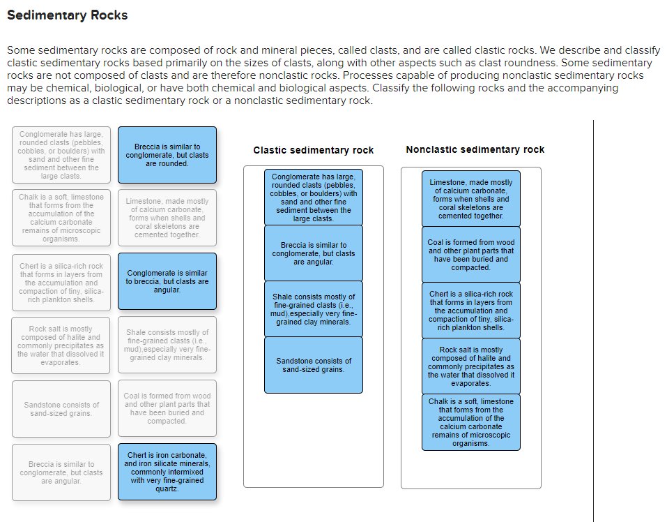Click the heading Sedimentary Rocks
(x=68, y=15)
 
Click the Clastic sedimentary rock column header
(x=313, y=150)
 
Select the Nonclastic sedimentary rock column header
(x=475, y=149)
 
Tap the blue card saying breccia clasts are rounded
(x=167, y=155)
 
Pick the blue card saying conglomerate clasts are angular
(x=167, y=281)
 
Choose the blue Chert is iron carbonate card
(x=167, y=472)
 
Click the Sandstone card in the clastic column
(x=314, y=365)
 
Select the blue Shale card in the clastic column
(x=314, y=309)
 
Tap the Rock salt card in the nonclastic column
(x=471, y=366)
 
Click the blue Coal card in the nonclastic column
(x=471, y=255)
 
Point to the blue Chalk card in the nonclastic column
(x=471, y=422)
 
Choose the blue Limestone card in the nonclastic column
(x=471, y=199)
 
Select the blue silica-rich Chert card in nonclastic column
(x=471, y=311)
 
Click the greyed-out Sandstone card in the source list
(x=61, y=409)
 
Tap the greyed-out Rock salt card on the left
(x=61, y=345)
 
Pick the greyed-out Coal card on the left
(x=167, y=408)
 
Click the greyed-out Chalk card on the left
(x=61, y=218)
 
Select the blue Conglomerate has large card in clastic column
(x=314, y=197)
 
